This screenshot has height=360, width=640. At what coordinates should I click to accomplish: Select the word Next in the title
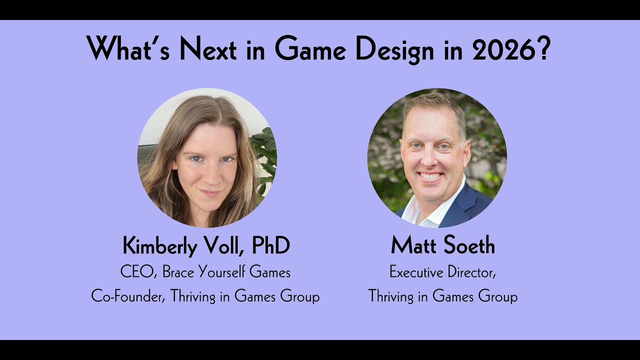(208, 49)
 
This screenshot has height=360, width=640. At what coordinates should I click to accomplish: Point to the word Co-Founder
(128, 296)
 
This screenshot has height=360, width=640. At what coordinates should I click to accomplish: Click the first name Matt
(412, 246)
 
